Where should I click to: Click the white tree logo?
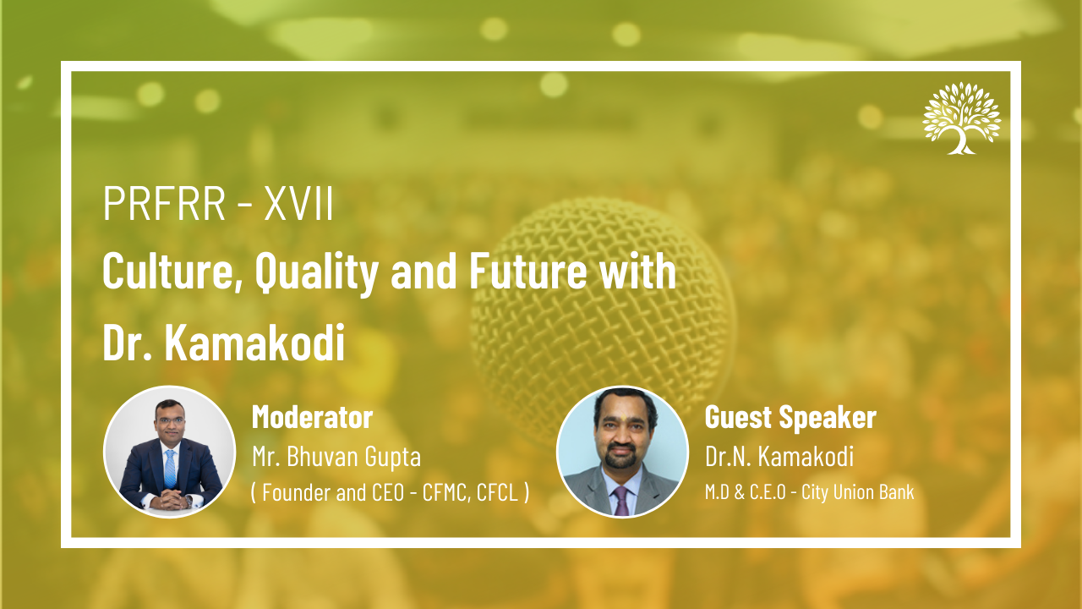(x=962, y=118)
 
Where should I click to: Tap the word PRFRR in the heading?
(x=164, y=204)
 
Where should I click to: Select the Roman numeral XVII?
(x=298, y=204)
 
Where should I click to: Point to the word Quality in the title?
(x=316, y=273)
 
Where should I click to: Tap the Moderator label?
(x=312, y=417)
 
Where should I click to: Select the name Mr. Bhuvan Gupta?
(x=336, y=456)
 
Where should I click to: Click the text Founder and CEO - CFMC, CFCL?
(x=391, y=492)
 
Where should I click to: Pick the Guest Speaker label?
(x=790, y=417)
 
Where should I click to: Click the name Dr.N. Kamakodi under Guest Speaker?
(x=779, y=456)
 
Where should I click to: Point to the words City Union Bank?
(x=858, y=492)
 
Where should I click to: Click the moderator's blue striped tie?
(x=170, y=469)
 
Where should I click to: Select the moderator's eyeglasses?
(x=170, y=420)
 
